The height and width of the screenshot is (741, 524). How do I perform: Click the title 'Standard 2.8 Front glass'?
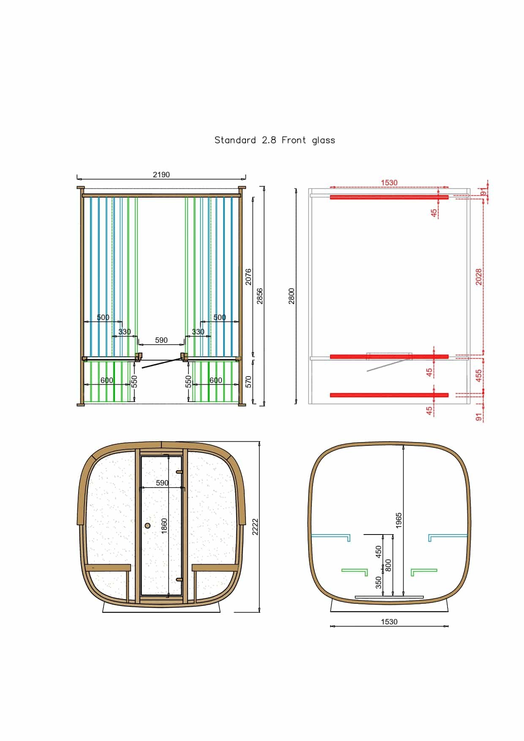(275, 140)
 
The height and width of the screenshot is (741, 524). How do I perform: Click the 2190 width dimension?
(161, 174)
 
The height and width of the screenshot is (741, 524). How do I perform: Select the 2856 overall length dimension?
(260, 296)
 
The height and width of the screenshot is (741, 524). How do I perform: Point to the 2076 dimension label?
(248, 277)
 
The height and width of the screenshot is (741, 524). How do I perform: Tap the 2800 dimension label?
(291, 296)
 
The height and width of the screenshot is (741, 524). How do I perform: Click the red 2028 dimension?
(479, 277)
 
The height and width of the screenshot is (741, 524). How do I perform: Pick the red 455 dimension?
(479, 375)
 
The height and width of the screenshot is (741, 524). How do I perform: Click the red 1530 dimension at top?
(389, 183)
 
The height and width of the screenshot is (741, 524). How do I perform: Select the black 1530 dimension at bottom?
(389, 622)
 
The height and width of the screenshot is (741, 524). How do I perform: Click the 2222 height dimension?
(255, 527)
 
